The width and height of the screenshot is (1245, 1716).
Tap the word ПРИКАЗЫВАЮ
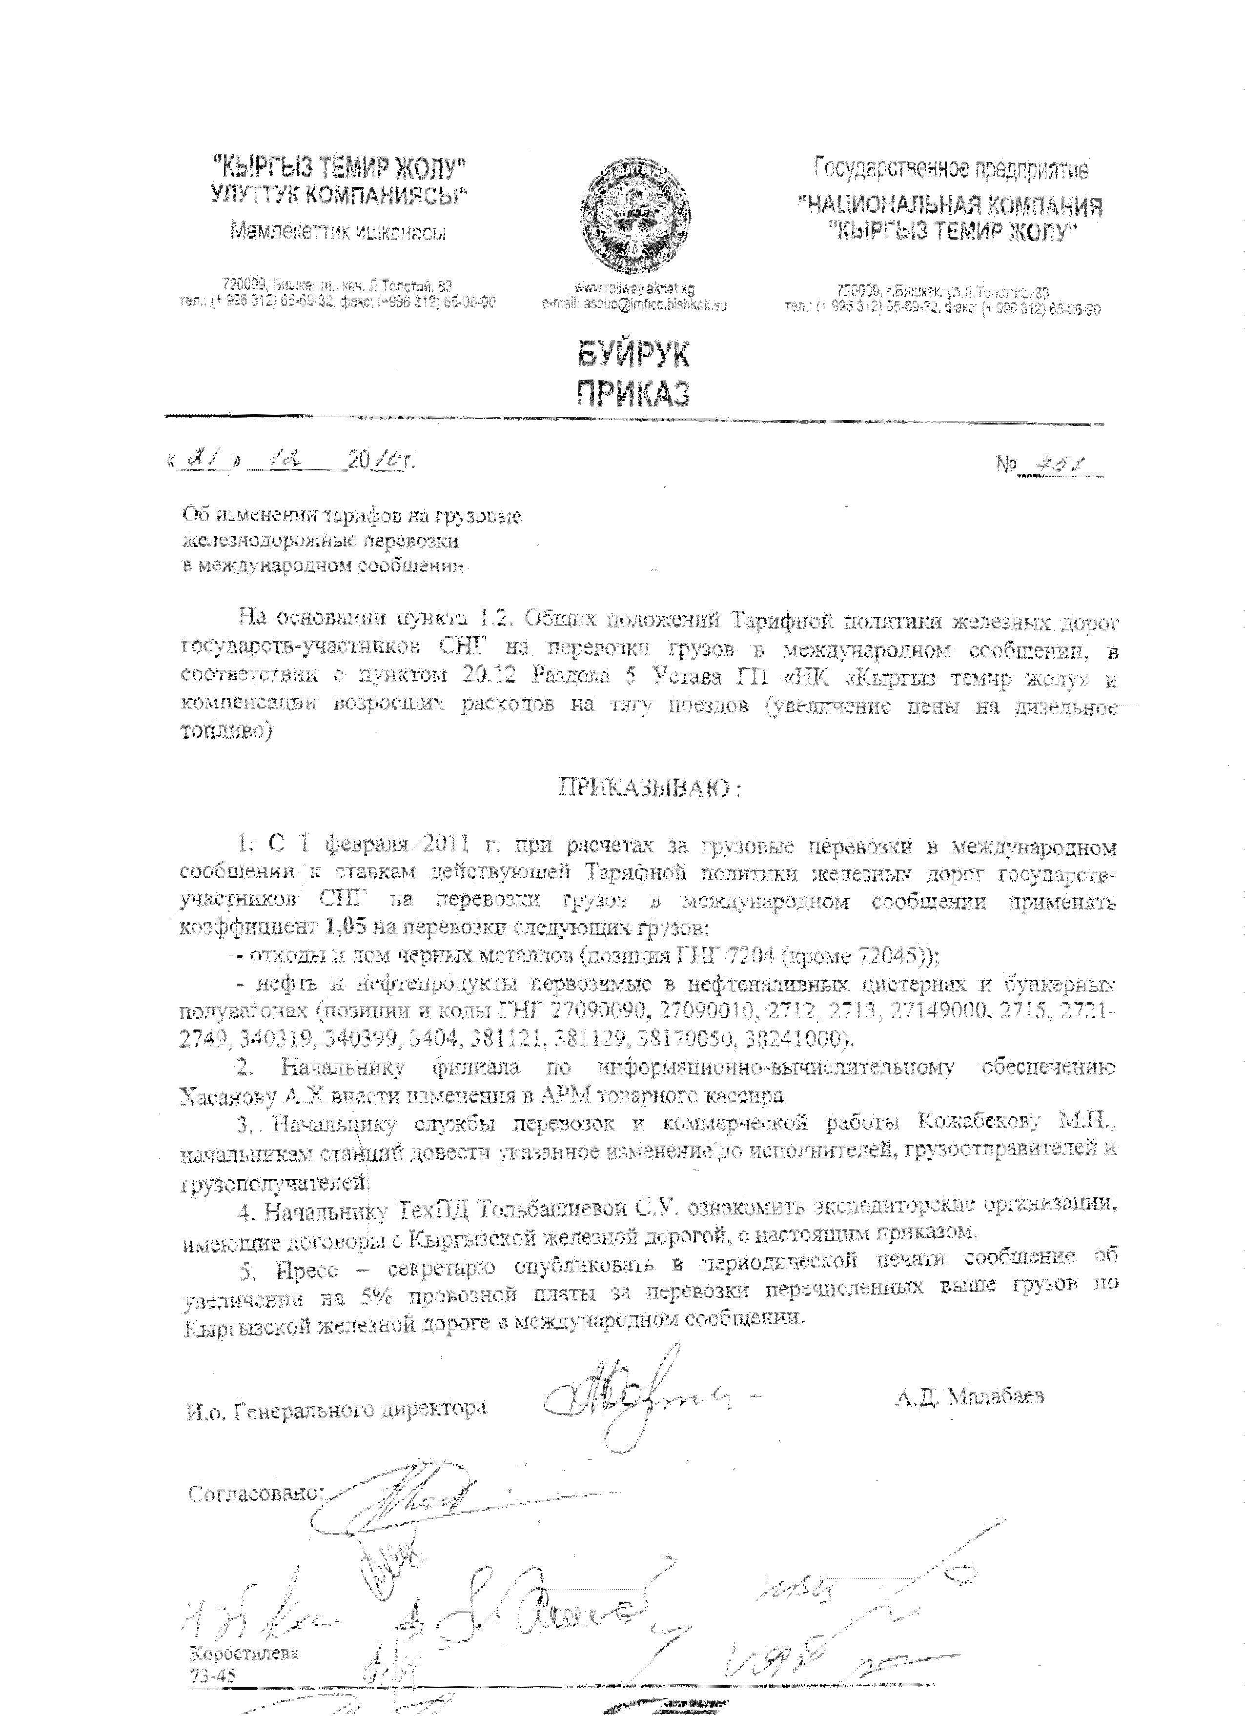pos(643,788)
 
